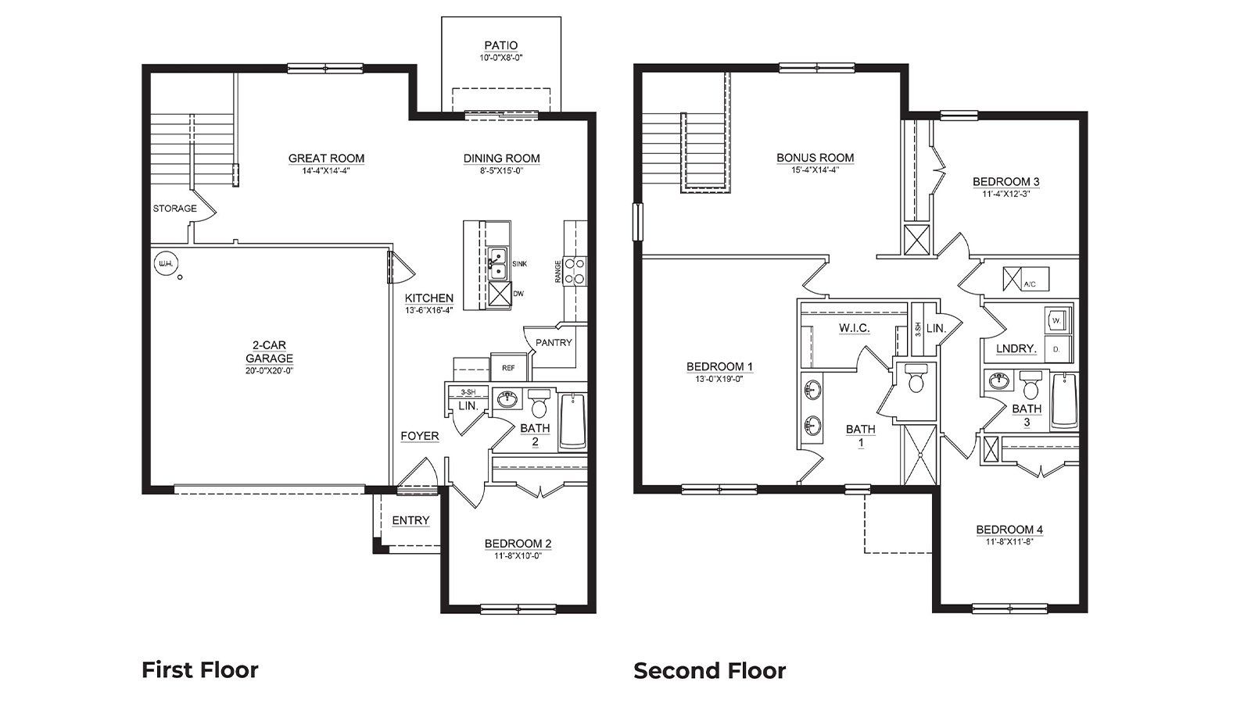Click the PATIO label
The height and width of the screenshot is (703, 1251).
click(500, 46)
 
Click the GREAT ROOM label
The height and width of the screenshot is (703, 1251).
click(326, 159)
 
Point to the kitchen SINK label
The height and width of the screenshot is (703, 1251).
click(519, 264)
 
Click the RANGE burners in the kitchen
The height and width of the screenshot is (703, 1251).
click(575, 270)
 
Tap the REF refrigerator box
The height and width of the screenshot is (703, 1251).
click(508, 367)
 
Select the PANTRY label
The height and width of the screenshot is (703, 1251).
click(554, 342)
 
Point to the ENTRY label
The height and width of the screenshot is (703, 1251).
click(410, 521)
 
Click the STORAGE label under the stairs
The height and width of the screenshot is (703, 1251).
click(174, 209)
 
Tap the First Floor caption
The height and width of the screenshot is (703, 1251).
click(199, 669)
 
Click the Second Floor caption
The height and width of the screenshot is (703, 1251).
click(709, 670)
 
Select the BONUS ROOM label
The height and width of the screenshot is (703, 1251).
click(815, 158)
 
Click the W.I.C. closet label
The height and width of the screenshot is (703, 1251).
click(854, 328)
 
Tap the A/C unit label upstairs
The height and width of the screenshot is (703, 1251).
click(1030, 284)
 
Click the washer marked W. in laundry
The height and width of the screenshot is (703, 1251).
click(1056, 320)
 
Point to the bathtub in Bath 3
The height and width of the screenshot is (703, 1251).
click(1063, 401)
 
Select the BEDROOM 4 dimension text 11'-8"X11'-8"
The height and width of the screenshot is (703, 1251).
click(1009, 541)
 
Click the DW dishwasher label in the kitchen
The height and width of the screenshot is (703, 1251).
click(518, 294)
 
